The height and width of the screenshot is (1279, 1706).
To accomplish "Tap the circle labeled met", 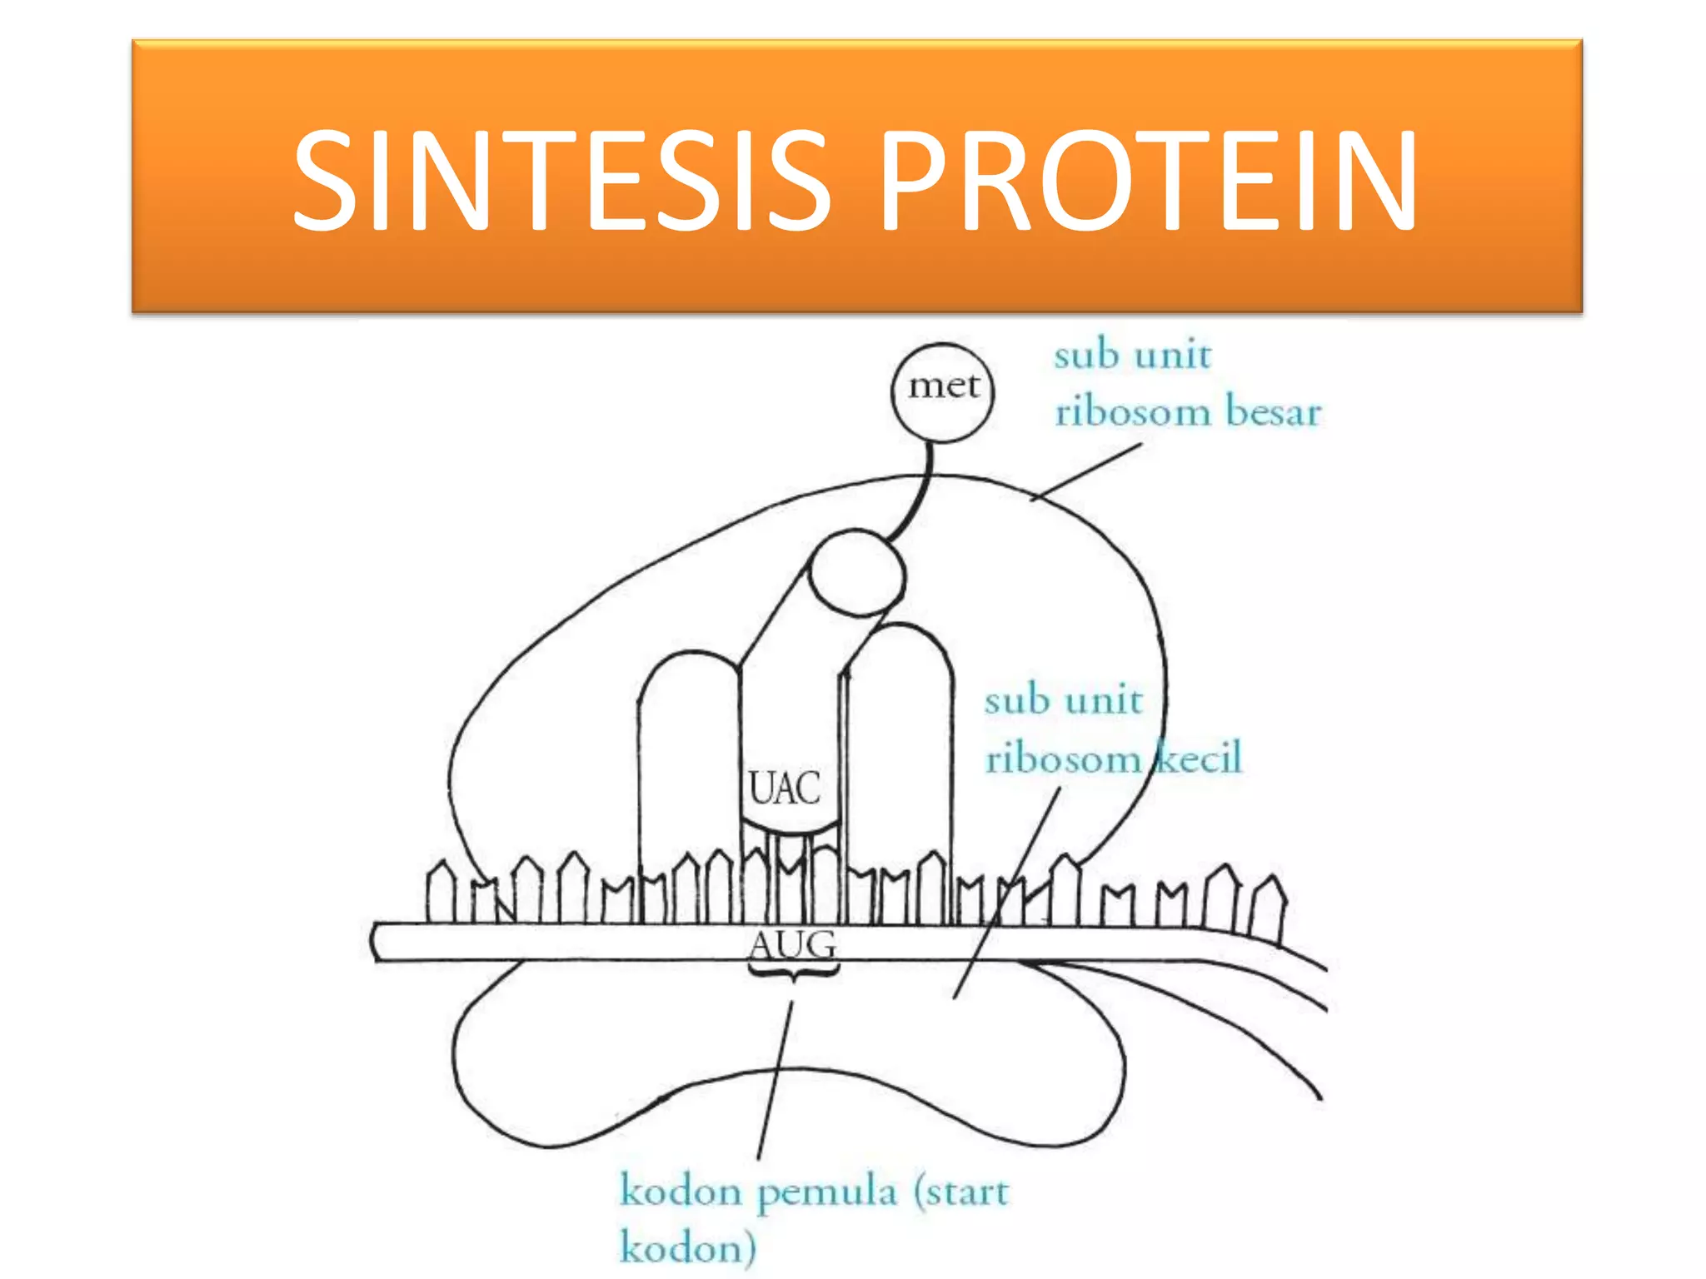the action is pyautogui.click(x=942, y=391).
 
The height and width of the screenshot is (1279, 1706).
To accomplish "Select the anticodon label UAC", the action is pyautogui.click(x=784, y=788).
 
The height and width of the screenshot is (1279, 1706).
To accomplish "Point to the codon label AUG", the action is pyautogui.click(x=792, y=944).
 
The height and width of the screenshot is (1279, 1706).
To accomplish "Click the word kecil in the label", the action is pyautogui.click(x=1200, y=758).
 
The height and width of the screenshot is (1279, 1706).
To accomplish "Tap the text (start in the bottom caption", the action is pyautogui.click(x=961, y=1192).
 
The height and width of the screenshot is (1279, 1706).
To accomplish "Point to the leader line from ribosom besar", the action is pyautogui.click(x=1085, y=473).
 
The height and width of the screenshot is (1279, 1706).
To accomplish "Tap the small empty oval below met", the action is pyautogui.click(x=856, y=573).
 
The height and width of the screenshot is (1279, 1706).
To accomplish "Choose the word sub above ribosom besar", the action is pyautogui.click(x=1086, y=356).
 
